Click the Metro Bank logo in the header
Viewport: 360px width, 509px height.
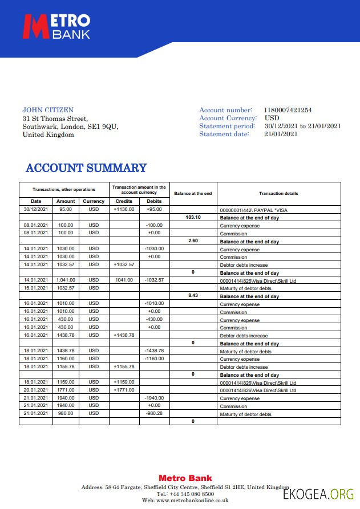click(56, 27)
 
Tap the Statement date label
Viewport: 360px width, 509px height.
click(224, 134)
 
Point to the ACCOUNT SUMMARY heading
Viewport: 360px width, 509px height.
click(86, 168)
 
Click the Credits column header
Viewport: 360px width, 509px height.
click(124, 201)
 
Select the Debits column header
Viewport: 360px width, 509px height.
click(154, 201)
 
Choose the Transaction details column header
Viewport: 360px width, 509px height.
click(278, 194)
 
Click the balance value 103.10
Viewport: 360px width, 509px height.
click(193, 217)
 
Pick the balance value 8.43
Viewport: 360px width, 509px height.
click(193, 296)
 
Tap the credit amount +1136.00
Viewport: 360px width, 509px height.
click(124, 209)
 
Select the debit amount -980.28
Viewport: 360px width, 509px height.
click(154, 413)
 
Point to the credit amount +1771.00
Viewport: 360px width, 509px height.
click(124, 390)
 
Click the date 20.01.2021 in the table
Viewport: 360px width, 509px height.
click(36, 390)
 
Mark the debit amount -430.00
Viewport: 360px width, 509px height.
click(154, 319)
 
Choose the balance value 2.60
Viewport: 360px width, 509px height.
click(193, 241)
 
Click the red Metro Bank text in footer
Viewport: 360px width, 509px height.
click(185, 478)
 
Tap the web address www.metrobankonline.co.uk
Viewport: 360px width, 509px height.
click(185, 500)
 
